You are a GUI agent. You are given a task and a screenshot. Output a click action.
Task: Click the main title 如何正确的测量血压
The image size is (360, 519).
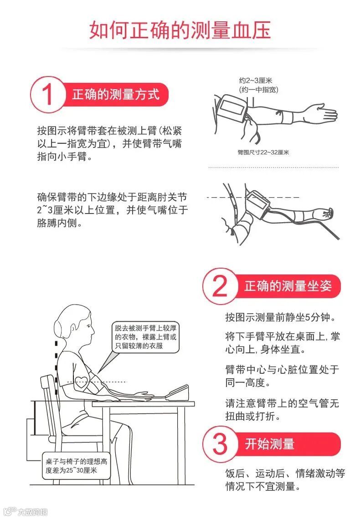[180, 30]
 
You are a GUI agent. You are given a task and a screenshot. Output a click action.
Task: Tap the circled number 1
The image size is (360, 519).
[48, 94]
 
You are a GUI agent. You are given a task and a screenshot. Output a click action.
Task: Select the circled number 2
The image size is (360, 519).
[220, 286]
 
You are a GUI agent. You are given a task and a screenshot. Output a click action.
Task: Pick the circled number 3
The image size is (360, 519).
[220, 444]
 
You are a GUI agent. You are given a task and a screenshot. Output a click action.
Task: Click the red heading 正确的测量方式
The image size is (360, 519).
[116, 94]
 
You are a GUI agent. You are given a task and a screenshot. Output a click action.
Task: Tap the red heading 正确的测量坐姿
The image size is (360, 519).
[288, 286]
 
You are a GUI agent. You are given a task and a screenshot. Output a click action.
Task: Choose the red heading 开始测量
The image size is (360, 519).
[270, 444]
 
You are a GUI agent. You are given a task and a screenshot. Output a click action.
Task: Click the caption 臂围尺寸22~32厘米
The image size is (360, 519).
[263, 152]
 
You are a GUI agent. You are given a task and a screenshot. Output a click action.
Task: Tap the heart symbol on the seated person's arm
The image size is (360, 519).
[82, 383]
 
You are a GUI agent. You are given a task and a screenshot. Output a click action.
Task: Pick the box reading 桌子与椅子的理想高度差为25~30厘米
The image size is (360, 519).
[76, 466]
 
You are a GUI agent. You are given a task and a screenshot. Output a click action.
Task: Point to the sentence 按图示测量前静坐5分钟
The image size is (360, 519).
[281, 317]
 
